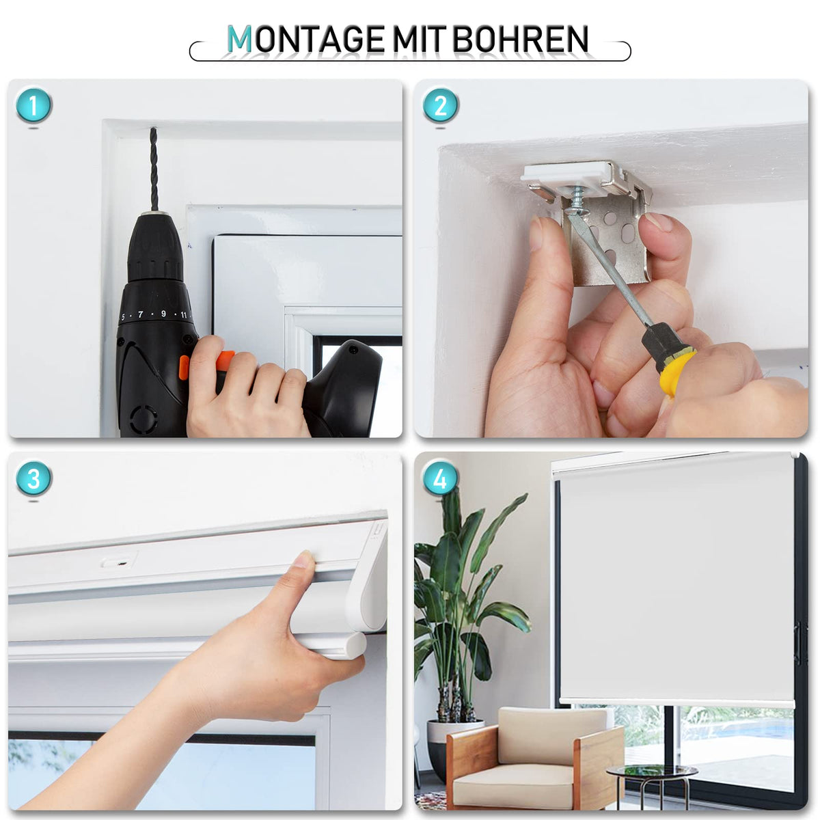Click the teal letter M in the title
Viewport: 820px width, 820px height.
pos(240,39)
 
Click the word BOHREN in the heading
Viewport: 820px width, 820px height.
pos(521,39)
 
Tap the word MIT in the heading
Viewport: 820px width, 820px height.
pos(419,39)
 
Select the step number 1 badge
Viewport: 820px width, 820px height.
pos(33,105)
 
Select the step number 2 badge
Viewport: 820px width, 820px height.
pos(441,105)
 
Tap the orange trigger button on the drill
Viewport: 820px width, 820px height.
pos(206,361)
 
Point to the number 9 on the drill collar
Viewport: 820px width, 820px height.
pos(163,314)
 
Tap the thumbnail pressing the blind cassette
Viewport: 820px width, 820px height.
pos(305,559)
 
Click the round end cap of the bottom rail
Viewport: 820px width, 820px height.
pos(357,646)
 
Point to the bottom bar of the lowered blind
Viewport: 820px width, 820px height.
pos(677,703)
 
